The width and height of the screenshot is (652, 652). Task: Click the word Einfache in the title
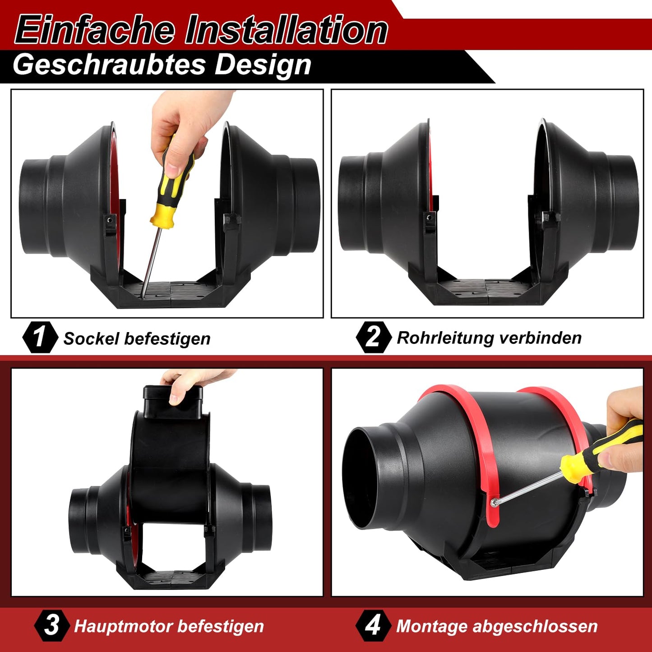95,30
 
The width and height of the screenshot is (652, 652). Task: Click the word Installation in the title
286,30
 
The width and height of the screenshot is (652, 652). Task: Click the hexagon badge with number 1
40,338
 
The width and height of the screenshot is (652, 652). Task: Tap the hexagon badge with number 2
374,338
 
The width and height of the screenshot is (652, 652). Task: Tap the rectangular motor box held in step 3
173,402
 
